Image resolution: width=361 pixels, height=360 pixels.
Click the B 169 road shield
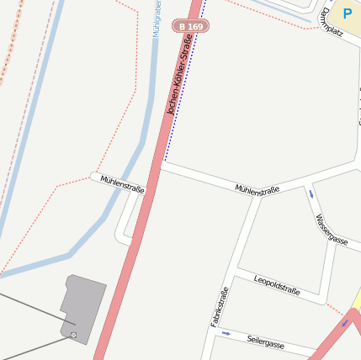[191, 27]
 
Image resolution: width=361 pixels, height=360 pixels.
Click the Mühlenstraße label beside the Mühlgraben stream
[122, 184]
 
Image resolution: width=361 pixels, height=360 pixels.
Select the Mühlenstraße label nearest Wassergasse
[257, 190]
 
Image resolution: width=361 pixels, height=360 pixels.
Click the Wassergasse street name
[331, 228]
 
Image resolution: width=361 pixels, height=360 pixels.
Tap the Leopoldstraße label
[277, 284]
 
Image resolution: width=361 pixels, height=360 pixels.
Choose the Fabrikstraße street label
[220, 307]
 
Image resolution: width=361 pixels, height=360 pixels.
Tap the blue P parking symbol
[348, 13]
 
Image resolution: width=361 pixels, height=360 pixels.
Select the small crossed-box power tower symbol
[73, 336]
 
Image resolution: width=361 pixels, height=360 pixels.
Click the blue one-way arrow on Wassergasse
[311, 194]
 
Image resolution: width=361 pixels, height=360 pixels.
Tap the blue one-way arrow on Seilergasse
[226, 333]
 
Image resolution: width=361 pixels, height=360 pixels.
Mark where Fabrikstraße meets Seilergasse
[210, 328]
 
